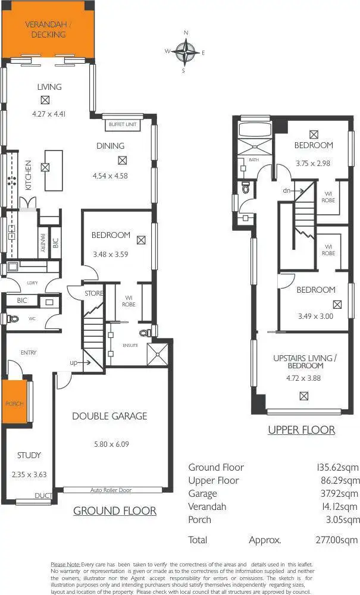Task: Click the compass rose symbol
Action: coord(187,52)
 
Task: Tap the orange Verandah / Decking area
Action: coord(46,30)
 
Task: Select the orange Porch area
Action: coord(14,403)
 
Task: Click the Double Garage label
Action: coord(109,416)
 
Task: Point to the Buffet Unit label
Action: coord(123,125)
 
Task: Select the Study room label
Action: coord(29,455)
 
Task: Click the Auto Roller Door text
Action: coord(111,490)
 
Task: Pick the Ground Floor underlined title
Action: coord(115,511)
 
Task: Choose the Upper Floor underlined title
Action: coord(301,430)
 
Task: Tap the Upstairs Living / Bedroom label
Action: coord(305,361)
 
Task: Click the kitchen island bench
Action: coord(53,169)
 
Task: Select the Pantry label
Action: coord(43,243)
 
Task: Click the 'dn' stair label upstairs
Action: coord(286,191)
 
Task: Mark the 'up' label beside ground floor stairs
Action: coord(73,362)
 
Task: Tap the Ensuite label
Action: coord(130,345)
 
